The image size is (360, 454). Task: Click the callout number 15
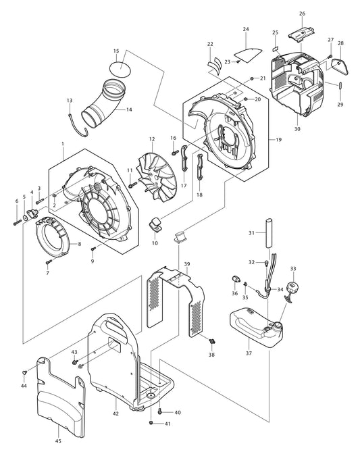click(116, 51)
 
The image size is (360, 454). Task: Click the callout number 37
click(249, 353)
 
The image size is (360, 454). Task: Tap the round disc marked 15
click(120, 67)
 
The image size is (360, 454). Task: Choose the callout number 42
click(115, 413)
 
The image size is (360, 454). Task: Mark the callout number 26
click(302, 14)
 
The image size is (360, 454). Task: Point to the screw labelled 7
click(48, 261)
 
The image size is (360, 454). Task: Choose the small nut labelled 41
click(151, 424)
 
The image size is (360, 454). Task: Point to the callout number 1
click(62, 144)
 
